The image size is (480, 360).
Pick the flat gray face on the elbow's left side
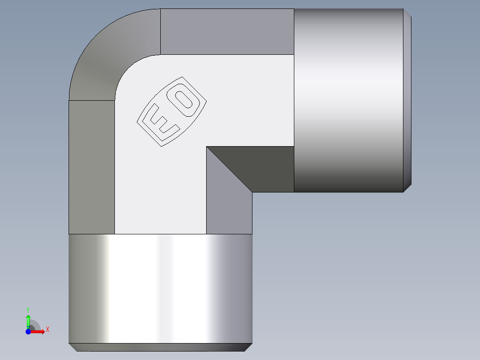[x=91, y=167]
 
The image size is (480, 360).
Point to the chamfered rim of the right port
[x=407, y=100]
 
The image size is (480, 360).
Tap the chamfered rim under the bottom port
[x=160, y=347]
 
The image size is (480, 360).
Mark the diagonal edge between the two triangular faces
[x=229, y=169]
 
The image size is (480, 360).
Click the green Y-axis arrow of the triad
[x=28, y=320]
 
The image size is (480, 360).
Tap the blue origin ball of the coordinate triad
[x=28, y=331]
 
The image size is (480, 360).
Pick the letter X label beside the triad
[x=47, y=330]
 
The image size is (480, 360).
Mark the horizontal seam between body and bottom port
[x=160, y=234]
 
